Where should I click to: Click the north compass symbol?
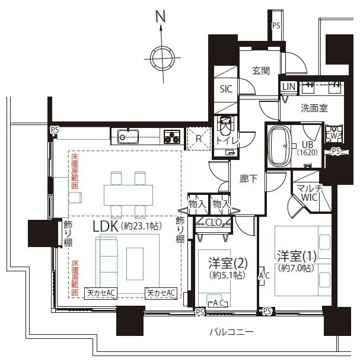click(x=161, y=57)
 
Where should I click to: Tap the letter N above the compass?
click(x=160, y=17)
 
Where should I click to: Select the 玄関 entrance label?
click(x=260, y=71)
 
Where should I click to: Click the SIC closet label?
click(x=227, y=89)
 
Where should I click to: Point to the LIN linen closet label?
click(x=288, y=87)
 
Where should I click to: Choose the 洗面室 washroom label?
click(x=313, y=108)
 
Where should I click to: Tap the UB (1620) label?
click(x=307, y=148)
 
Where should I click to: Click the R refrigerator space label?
click(x=199, y=140)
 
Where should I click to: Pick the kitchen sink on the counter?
click(x=127, y=137)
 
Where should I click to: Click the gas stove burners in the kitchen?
click(x=172, y=136)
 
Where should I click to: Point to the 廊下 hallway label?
click(x=249, y=178)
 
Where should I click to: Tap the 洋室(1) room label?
click(x=297, y=261)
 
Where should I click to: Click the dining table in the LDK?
click(x=128, y=194)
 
